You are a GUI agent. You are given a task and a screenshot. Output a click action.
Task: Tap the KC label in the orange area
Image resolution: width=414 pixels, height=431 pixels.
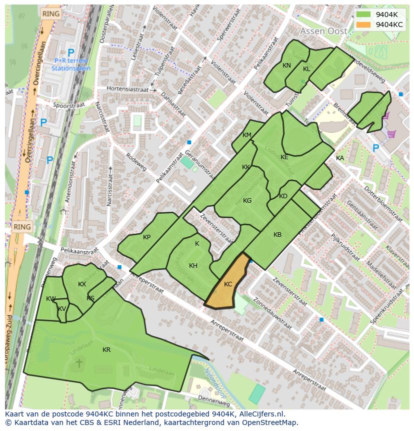(x=228, y=284)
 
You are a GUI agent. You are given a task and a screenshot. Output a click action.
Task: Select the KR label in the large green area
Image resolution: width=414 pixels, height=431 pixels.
(x=106, y=350)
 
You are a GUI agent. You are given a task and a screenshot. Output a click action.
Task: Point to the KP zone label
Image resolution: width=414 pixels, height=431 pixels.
(x=146, y=237)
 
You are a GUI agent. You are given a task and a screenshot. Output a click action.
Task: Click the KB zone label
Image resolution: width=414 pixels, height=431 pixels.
(x=277, y=235)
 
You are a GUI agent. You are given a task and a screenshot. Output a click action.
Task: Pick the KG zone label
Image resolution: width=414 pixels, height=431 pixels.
(x=247, y=201)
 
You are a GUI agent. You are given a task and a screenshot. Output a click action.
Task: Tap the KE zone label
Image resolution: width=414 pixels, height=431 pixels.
(x=284, y=157)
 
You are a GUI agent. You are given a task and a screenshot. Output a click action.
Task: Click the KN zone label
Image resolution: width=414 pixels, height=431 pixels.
(x=286, y=66)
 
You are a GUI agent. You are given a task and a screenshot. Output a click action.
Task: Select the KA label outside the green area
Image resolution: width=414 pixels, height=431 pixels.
(x=340, y=158)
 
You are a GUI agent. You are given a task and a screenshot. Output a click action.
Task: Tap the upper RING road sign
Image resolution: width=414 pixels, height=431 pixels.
(x=50, y=14)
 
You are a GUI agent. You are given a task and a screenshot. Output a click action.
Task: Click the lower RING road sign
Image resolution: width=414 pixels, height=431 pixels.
(x=22, y=227)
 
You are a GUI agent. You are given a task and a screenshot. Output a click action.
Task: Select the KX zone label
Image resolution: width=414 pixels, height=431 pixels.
(x=82, y=284)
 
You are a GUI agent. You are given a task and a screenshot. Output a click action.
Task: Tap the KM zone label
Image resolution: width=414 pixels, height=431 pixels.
(x=247, y=135)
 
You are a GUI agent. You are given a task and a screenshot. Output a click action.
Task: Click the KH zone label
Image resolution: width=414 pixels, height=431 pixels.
(x=193, y=266)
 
